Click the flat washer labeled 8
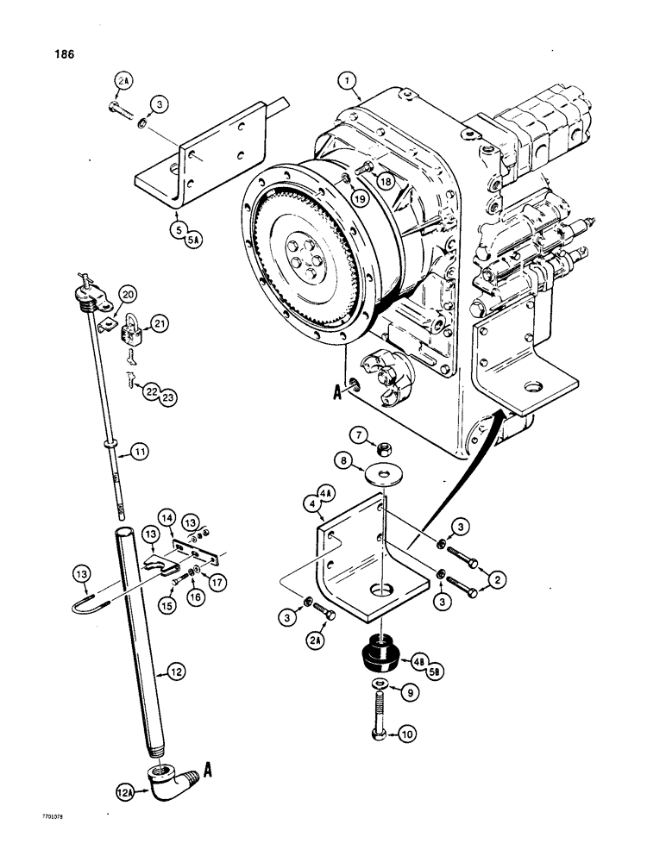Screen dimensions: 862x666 (378, 475)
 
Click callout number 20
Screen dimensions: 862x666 (129, 293)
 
